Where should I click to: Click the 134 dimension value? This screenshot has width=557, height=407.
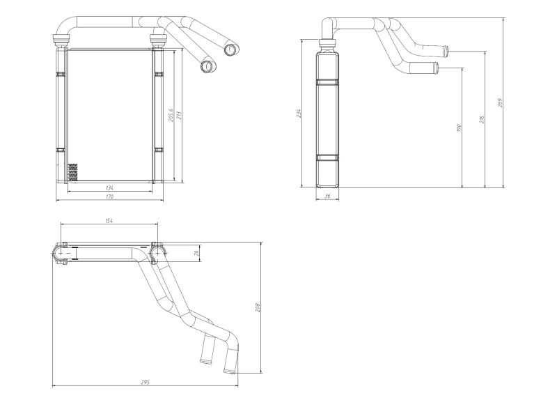tap(110, 188)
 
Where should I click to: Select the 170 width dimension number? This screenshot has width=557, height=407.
tap(110, 198)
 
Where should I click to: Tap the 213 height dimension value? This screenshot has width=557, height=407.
tap(180, 116)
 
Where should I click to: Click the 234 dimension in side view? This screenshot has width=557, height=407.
tap(298, 113)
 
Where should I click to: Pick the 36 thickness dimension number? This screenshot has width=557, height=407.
tap(327, 197)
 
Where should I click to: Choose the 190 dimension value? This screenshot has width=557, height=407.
tap(459, 128)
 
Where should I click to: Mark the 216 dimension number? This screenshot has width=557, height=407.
tap(482, 119)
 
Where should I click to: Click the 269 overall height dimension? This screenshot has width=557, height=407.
tap(501, 102)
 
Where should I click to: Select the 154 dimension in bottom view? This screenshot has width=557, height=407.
tap(109, 220)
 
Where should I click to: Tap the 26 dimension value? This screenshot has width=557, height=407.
tap(197, 252)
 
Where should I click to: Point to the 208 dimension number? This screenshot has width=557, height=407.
tap(258, 307)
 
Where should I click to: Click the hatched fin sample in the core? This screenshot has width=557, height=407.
tap(72, 171)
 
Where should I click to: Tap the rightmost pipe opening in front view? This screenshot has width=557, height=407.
tap(230, 49)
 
